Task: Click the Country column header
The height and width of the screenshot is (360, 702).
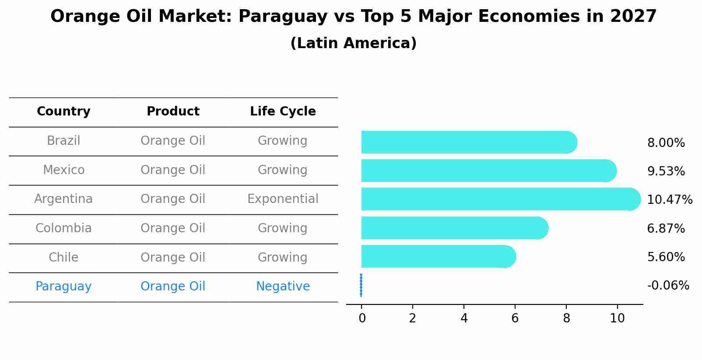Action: tap(63, 112)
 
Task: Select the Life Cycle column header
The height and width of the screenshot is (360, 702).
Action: tap(283, 112)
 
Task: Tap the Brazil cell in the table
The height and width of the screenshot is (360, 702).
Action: tap(63, 141)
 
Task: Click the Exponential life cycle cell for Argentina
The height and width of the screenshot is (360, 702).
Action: tap(283, 199)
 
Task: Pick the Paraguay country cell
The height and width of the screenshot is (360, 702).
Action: tap(63, 287)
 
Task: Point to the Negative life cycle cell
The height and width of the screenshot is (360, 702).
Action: tap(283, 287)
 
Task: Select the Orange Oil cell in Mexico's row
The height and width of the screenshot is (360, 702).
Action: tap(173, 170)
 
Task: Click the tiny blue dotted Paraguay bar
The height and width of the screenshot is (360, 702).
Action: tap(361, 285)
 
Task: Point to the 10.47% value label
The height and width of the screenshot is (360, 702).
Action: tap(670, 200)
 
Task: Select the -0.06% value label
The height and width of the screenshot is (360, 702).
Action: tap(668, 286)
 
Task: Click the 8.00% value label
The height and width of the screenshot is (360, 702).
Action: tap(666, 143)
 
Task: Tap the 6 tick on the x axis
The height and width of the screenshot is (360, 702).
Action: tap(515, 318)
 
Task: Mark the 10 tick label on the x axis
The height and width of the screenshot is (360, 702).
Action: tap(617, 318)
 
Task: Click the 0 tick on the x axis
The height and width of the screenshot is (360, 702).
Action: tap(362, 318)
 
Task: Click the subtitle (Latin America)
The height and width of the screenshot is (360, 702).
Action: tap(353, 43)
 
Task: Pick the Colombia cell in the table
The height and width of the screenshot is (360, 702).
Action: tap(63, 228)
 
